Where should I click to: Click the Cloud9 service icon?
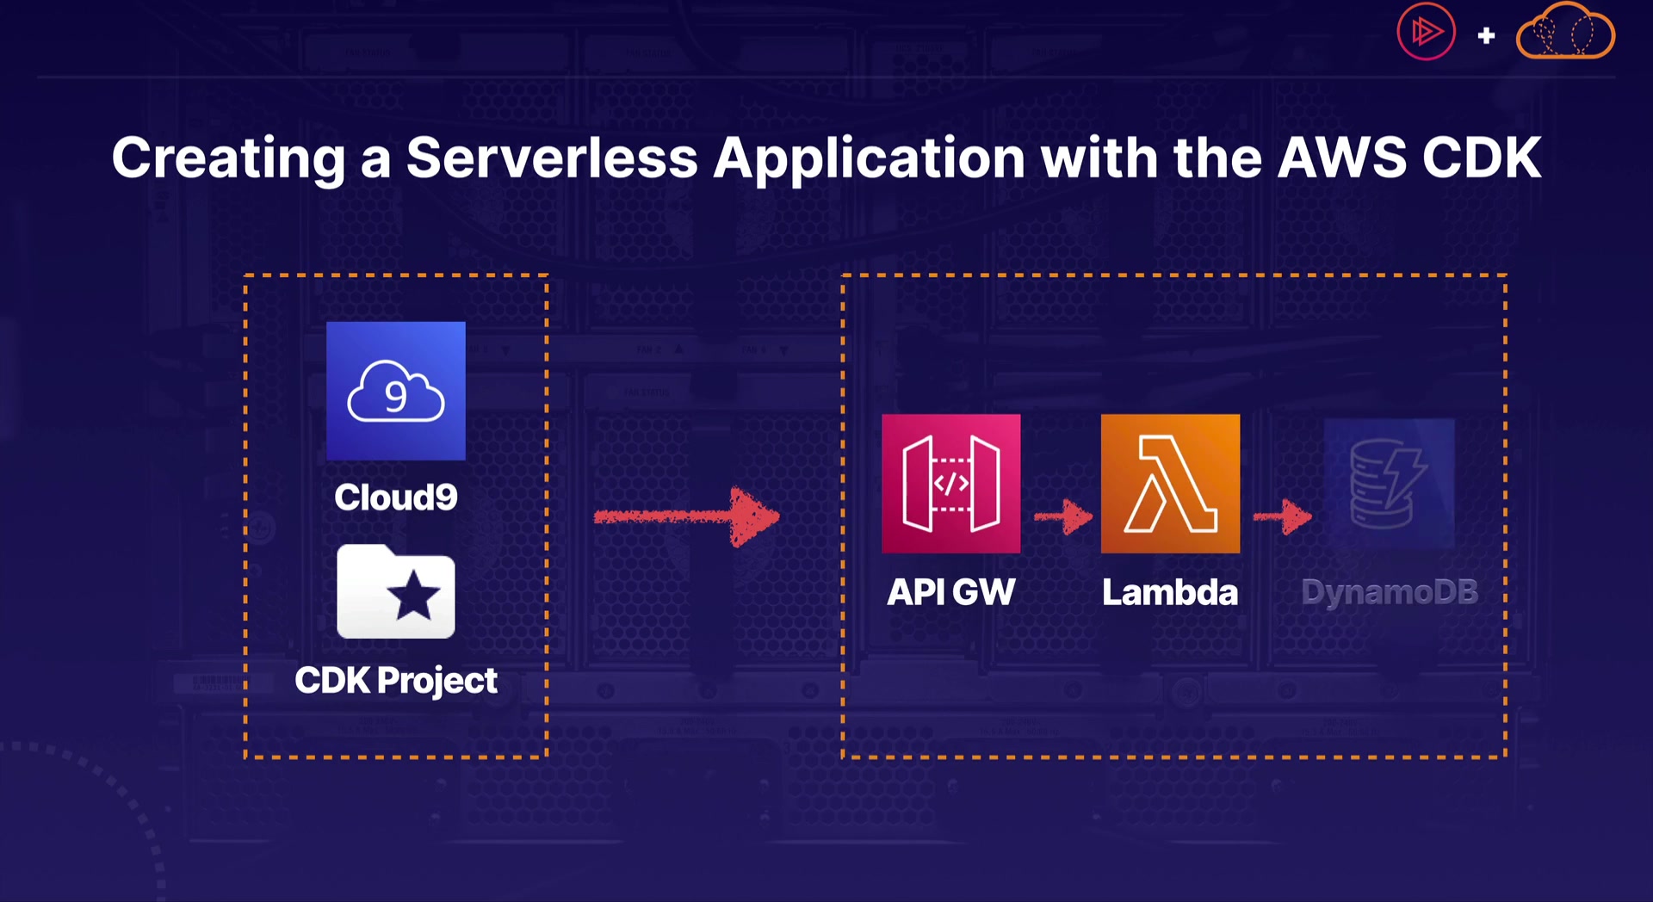click(396, 391)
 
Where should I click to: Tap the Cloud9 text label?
click(396, 497)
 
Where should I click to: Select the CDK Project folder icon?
click(396, 592)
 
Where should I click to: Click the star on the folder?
click(413, 596)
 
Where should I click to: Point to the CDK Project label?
click(396, 681)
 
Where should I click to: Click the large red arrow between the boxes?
click(687, 516)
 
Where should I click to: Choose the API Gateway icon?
click(951, 484)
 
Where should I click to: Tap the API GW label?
click(951, 592)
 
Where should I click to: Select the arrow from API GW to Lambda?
click(1062, 516)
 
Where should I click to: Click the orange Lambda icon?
click(1170, 484)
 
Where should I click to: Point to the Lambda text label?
click(1170, 592)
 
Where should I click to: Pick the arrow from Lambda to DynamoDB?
click(1282, 516)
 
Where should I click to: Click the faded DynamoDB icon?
click(1389, 484)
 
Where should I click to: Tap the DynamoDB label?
click(1390, 592)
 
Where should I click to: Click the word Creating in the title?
click(228, 159)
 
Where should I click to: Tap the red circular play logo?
click(1426, 32)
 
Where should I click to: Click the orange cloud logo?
click(1565, 32)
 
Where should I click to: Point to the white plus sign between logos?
click(1486, 35)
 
